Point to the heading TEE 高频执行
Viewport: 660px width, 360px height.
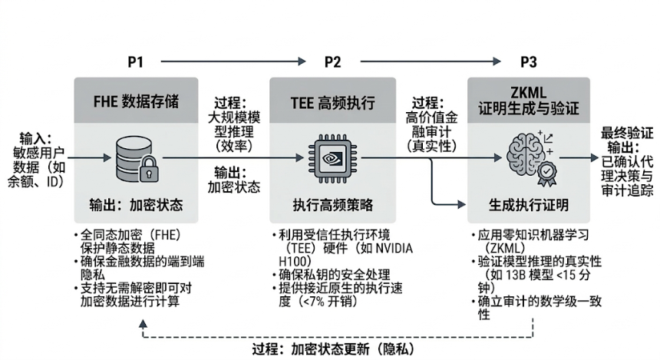332,100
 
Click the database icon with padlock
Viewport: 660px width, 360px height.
135,157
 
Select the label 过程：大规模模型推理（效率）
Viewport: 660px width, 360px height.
234,124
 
